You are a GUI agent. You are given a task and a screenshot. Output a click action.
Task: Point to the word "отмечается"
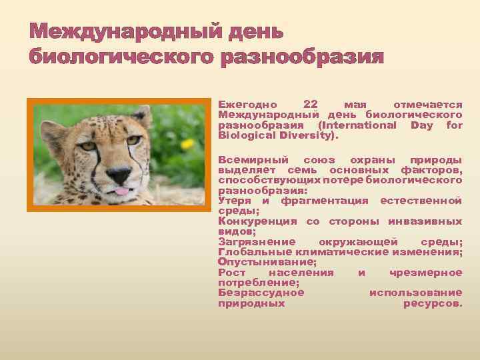pyautogui.click(x=428, y=105)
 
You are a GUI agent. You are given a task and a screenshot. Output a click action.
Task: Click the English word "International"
pyautogui.click(x=357, y=125)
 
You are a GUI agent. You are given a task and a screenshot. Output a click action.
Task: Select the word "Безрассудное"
pyautogui.click(x=261, y=292)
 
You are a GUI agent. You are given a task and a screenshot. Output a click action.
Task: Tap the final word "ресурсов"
pyautogui.click(x=433, y=303)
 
